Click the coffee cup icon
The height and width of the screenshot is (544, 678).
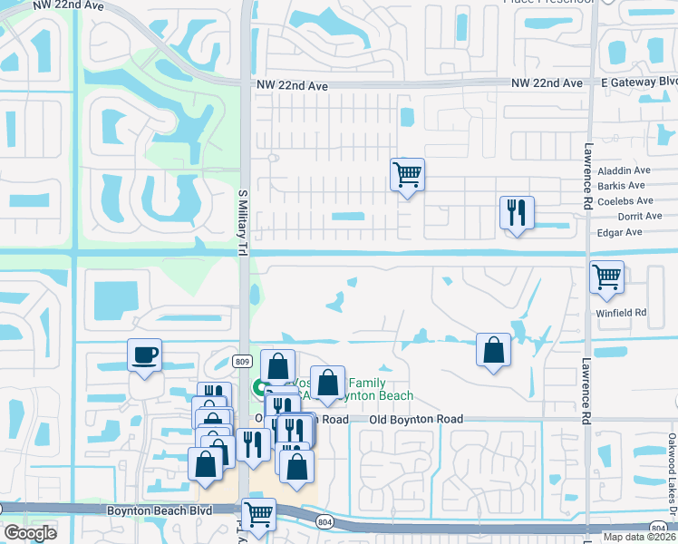coord(144,355)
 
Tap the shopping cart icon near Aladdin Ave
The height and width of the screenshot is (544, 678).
coord(407,172)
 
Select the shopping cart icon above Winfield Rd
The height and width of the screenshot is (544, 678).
coord(606,276)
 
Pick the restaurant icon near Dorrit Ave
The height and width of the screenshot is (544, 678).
coord(516,213)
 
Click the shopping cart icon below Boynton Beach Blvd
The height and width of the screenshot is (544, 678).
coord(260,514)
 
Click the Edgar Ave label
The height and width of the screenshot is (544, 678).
coord(620,232)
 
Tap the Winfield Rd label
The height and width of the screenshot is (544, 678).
coord(621,313)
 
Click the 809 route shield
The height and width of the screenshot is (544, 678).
coord(242,362)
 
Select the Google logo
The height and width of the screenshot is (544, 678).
coord(30,532)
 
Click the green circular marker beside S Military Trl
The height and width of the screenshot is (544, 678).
coord(260,388)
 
